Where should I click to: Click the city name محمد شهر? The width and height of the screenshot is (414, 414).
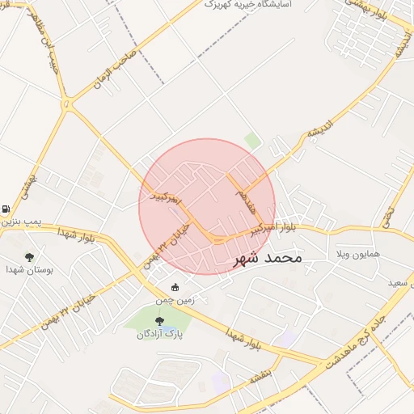pyautogui.click(x=268, y=258)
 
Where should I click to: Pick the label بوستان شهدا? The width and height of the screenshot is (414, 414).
pyautogui.click(x=28, y=269)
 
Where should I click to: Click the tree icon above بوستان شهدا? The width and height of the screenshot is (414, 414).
pyautogui.click(x=30, y=257)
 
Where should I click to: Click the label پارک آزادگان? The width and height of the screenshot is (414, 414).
pyautogui.click(x=157, y=334)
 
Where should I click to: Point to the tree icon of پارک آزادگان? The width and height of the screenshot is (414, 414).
pyautogui.click(x=158, y=321)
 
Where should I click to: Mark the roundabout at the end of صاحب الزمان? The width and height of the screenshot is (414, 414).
pyautogui.click(x=66, y=105)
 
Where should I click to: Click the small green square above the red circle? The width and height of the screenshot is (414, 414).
pyautogui.click(x=253, y=142)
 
